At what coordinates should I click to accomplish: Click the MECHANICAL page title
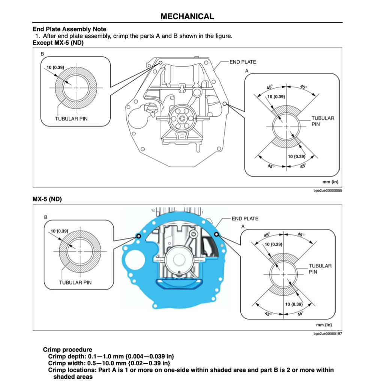[187, 16]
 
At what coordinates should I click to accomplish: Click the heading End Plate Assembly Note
[69, 29]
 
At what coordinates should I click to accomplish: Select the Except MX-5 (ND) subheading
[58, 43]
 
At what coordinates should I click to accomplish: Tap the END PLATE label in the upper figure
[243, 62]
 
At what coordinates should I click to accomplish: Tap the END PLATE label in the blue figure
[245, 219]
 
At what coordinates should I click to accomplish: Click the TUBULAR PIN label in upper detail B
[71, 119]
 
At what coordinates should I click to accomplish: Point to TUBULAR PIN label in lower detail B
[75, 282]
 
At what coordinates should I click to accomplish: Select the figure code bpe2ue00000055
[327, 191]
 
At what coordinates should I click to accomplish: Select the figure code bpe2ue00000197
[327, 334]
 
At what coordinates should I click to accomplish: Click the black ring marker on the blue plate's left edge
[138, 236]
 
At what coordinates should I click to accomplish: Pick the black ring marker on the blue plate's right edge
[216, 234]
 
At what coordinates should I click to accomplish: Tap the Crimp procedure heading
[67, 350]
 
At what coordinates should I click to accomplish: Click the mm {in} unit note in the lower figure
[324, 325]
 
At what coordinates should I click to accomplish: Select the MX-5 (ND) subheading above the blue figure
[47, 199]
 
